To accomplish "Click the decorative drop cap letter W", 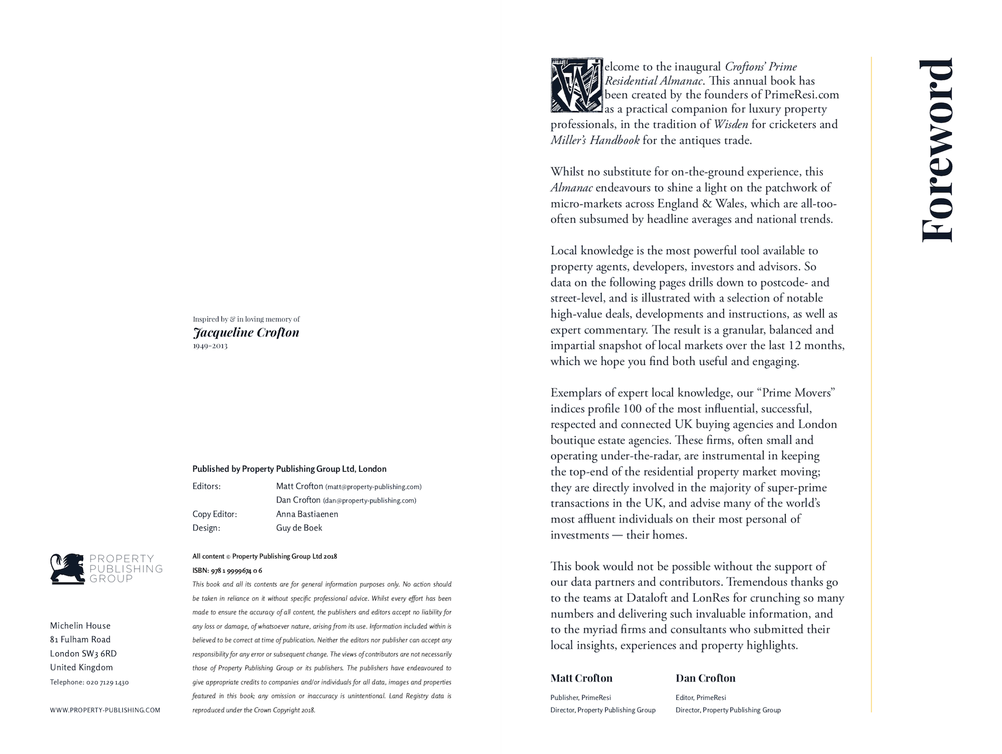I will pos(576,86).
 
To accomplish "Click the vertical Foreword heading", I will pos(937,150).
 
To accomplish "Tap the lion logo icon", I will pos(68,569).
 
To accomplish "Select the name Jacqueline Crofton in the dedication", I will pos(246,332).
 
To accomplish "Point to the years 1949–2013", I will pos(210,346).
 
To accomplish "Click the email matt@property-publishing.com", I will pos(373,487).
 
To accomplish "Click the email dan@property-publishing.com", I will pos(369,500).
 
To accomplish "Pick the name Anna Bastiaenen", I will pos(307,514).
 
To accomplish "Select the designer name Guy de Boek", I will pos(299,528).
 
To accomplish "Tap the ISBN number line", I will pos(227,571).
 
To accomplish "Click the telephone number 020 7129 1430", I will pos(107,682).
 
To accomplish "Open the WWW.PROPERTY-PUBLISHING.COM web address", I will pos(105,710).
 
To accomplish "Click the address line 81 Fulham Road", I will pos(80,640).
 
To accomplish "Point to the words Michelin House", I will pos(80,626).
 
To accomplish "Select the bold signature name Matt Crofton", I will pos(581,678).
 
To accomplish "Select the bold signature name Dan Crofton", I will pos(705,678).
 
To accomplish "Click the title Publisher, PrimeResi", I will pos(581,697).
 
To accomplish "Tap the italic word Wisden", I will pos(731,124).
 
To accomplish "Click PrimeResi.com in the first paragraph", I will pos(802,95).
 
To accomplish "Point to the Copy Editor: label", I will pos(214,514).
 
